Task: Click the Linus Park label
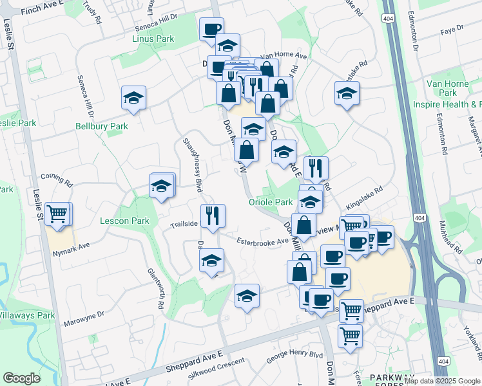(x=153, y=39)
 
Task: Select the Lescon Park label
(x=124, y=221)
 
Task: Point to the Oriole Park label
(x=271, y=202)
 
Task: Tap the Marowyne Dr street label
(x=83, y=316)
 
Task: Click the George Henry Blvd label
(x=294, y=354)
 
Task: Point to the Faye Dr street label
(x=452, y=28)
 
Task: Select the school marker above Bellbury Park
(x=134, y=98)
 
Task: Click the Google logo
(x=22, y=378)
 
